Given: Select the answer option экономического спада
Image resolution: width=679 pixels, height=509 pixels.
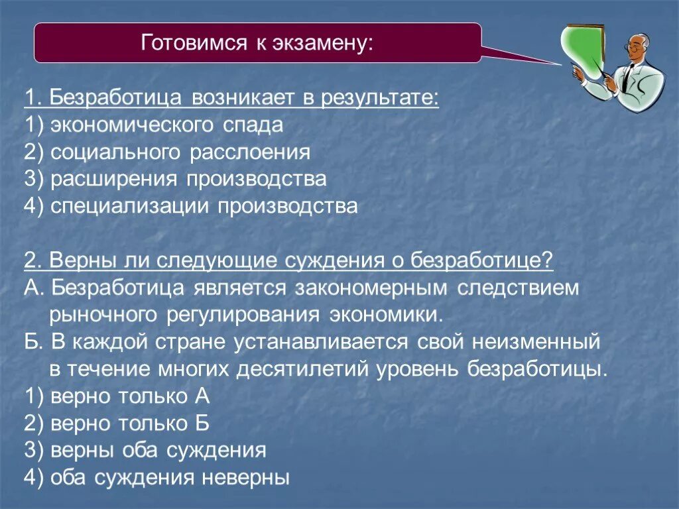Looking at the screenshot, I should pyautogui.click(x=154, y=125).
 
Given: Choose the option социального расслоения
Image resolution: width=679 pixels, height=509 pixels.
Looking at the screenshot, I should pyautogui.click(x=167, y=152).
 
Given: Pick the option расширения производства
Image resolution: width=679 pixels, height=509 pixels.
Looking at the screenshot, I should pyautogui.click(x=175, y=179).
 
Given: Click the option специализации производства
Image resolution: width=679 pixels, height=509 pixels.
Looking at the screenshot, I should pyautogui.click(x=191, y=206).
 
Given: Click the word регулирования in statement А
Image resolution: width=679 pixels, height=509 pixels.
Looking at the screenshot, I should pyautogui.click(x=249, y=314).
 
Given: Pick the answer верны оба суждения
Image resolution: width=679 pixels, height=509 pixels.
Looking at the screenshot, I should pyautogui.click(x=145, y=451).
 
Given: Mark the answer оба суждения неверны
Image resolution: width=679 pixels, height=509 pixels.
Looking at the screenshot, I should pyautogui.click(x=156, y=478).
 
